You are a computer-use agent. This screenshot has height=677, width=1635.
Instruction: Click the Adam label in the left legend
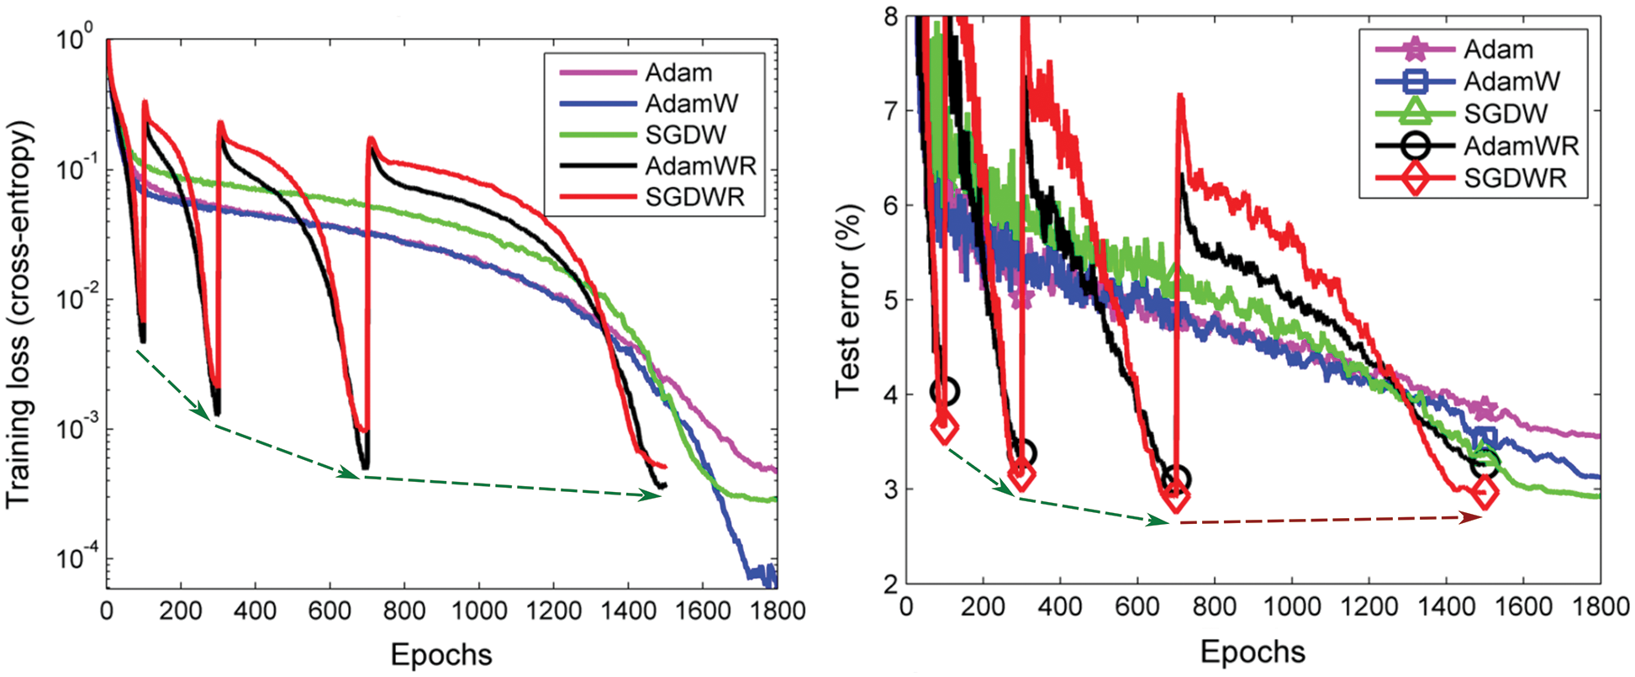click(x=678, y=72)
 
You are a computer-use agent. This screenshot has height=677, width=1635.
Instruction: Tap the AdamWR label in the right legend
click(x=1521, y=145)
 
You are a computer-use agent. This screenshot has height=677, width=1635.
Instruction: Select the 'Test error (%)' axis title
click(x=849, y=300)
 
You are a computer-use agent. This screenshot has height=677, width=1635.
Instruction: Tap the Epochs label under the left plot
click(x=441, y=654)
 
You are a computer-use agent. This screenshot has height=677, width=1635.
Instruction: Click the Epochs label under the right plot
click(x=1253, y=652)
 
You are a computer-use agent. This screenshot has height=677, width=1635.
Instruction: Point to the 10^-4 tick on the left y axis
click(x=73, y=560)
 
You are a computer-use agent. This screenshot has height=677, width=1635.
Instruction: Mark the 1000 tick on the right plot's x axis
click(x=1290, y=606)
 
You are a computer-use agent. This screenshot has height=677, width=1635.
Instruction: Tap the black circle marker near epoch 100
click(x=945, y=391)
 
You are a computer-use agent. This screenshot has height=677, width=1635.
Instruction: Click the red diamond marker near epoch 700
click(x=1177, y=497)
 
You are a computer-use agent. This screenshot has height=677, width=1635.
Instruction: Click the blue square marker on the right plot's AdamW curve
click(x=1485, y=438)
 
